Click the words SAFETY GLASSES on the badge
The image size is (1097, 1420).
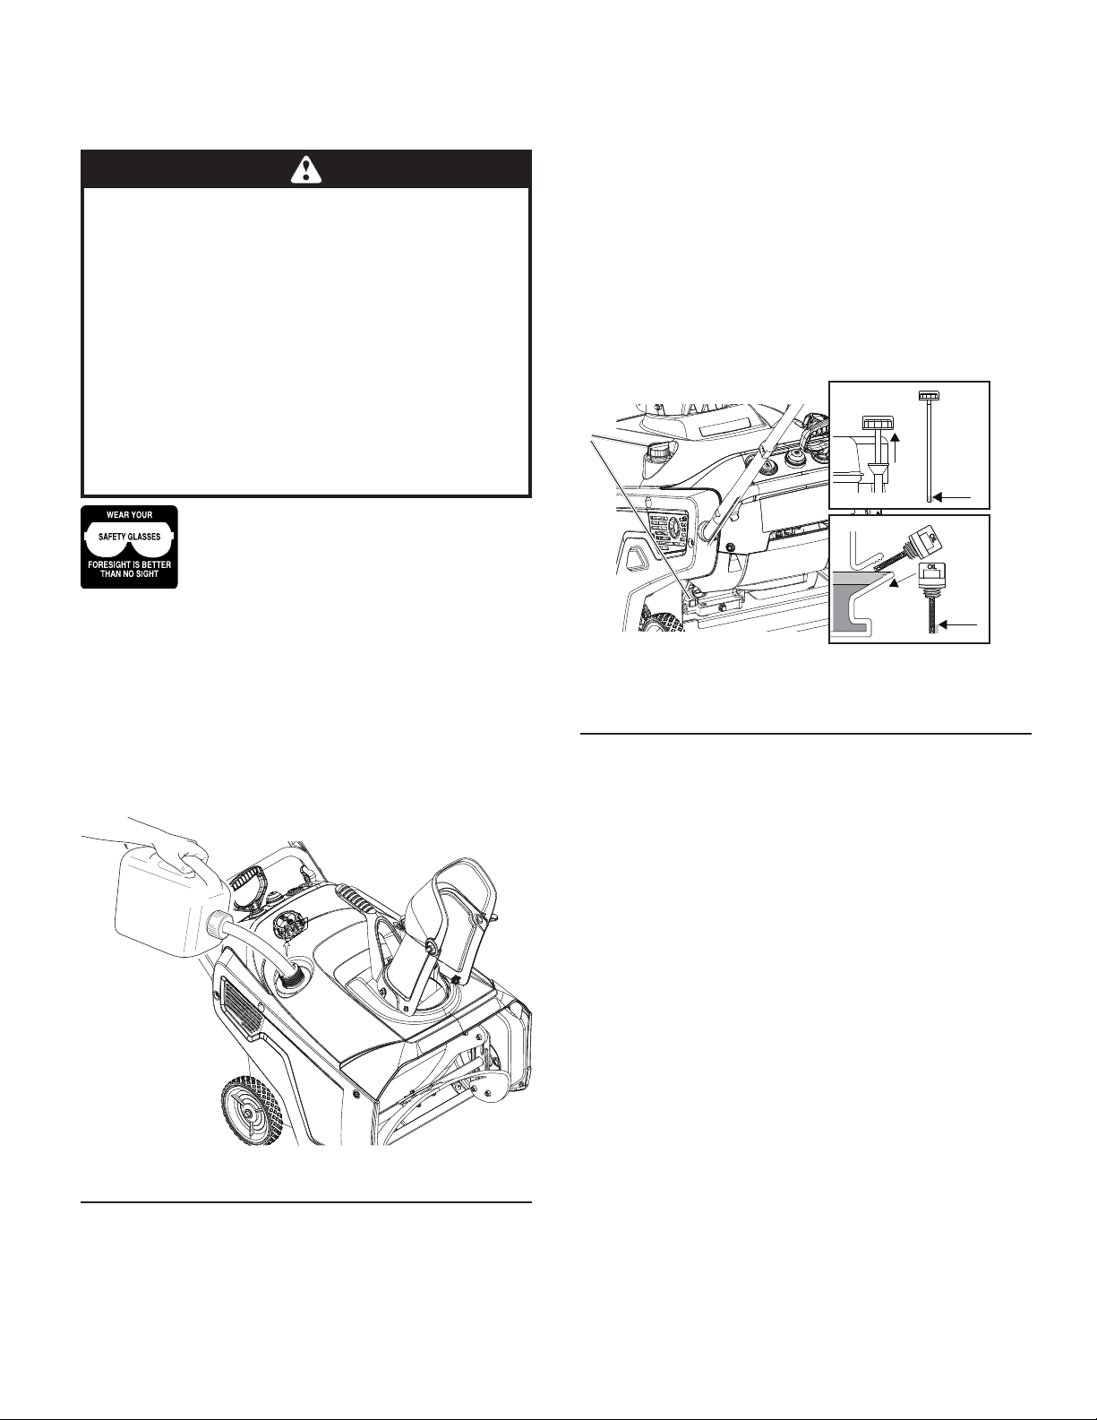[x=129, y=537]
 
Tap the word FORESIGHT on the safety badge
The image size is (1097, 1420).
[x=114, y=564]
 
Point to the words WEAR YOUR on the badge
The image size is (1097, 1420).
[x=129, y=515]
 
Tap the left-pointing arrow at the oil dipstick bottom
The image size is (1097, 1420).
[x=959, y=624]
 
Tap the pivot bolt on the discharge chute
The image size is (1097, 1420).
[x=431, y=945]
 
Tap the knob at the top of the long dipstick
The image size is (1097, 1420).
[x=930, y=396]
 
